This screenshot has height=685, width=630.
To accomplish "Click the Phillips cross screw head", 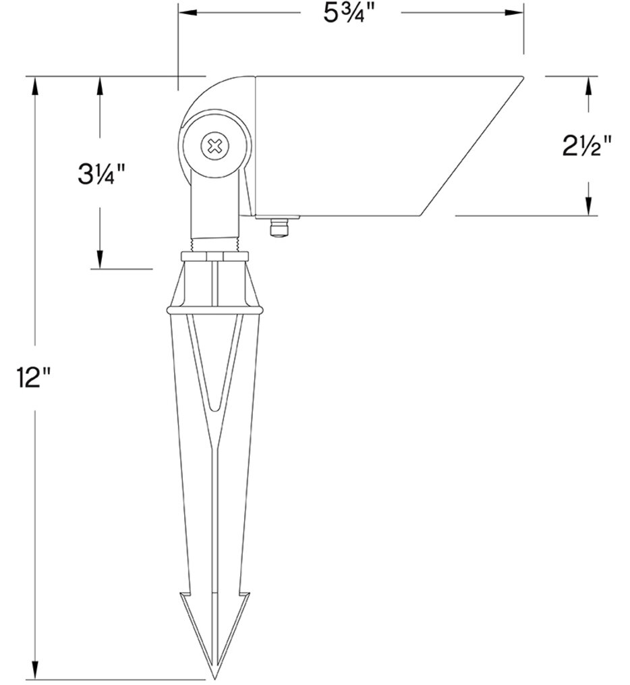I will (x=215, y=145).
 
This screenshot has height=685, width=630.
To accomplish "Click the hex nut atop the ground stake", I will (x=216, y=256).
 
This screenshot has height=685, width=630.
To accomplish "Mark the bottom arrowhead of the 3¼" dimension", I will (x=101, y=261).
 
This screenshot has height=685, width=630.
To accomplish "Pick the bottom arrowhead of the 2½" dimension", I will (x=589, y=207).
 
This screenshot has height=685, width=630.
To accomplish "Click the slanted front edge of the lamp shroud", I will (x=472, y=145).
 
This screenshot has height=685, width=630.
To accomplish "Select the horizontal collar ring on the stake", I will (x=214, y=310).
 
